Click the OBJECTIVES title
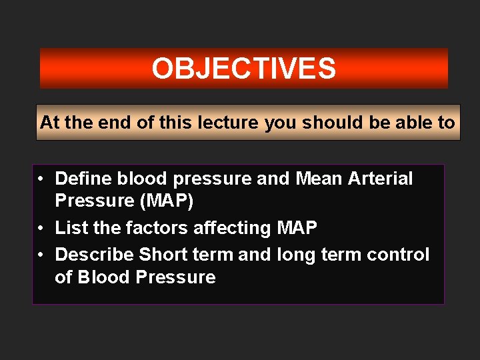point(243,69)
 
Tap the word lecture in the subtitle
point(225,123)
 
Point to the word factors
point(156,228)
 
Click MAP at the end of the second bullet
point(297,228)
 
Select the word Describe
point(94,255)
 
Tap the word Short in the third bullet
point(161,255)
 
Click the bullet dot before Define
point(41,179)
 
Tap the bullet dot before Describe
point(41,255)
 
